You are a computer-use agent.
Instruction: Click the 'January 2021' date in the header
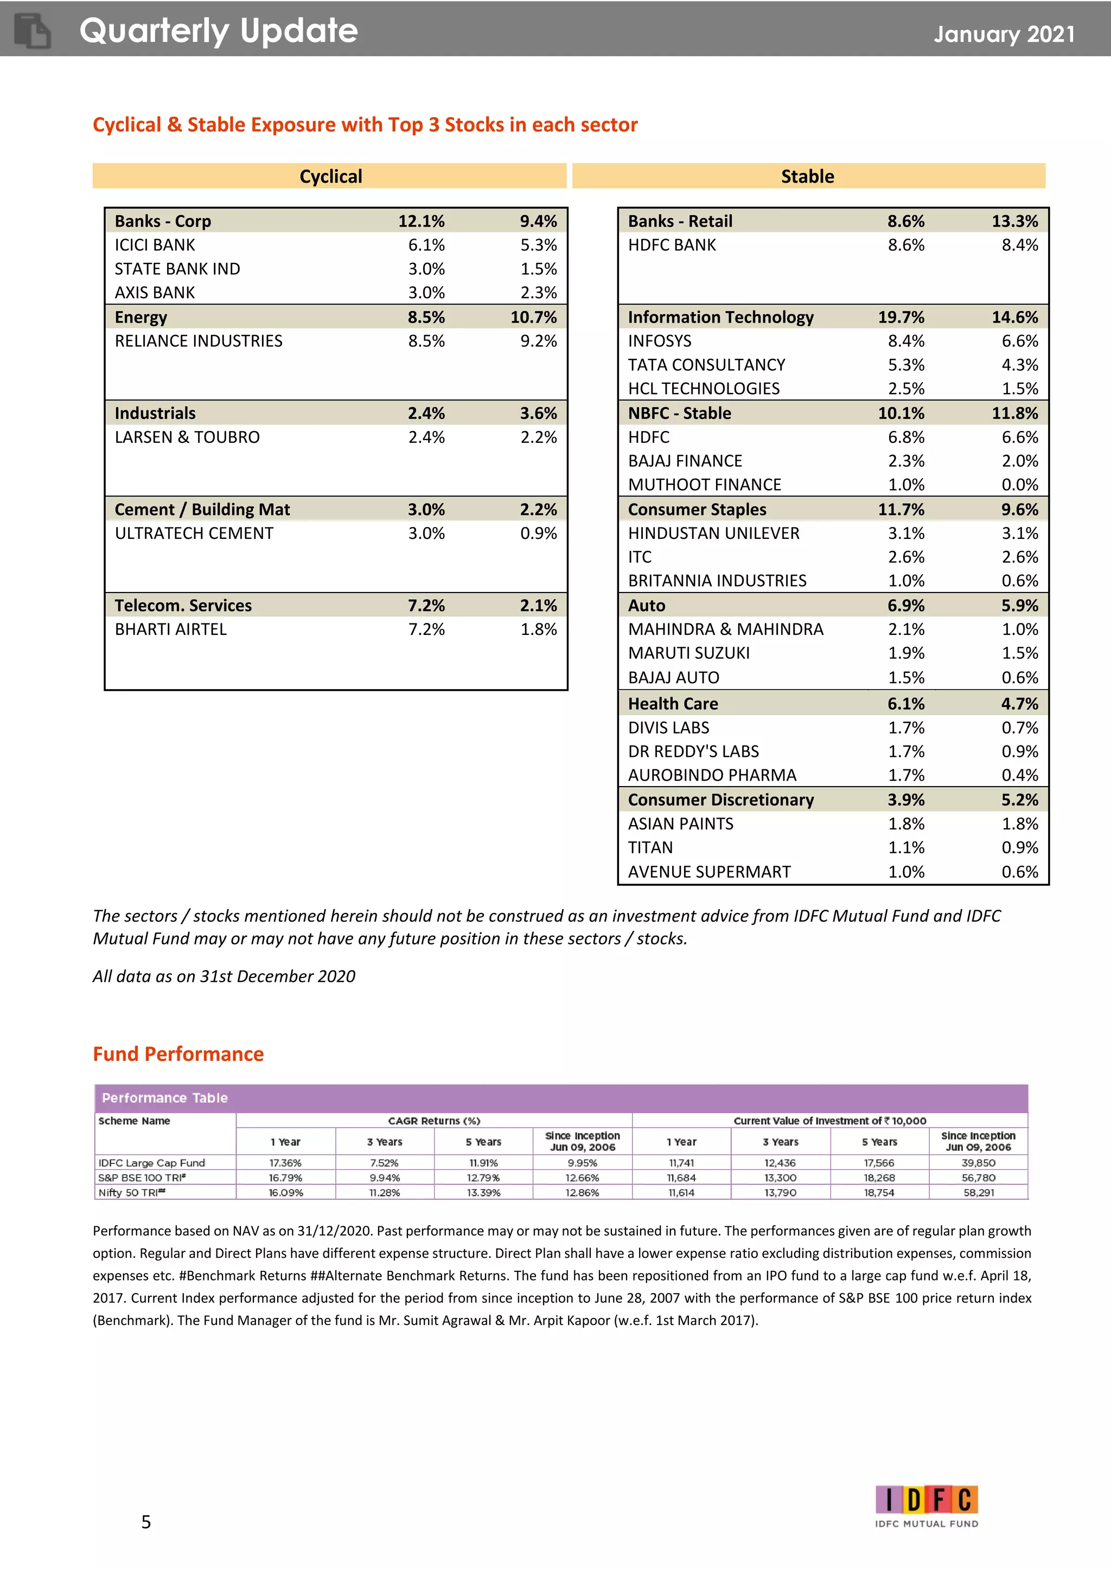[x=1004, y=34]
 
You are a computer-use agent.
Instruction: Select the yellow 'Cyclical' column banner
[x=330, y=176]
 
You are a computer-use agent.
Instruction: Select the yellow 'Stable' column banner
[x=807, y=176]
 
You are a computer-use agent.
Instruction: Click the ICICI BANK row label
[x=155, y=245]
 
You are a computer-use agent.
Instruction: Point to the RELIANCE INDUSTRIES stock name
[x=199, y=340]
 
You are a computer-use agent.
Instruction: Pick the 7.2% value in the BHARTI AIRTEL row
[x=426, y=629]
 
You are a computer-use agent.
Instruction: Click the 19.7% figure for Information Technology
[x=901, y=317]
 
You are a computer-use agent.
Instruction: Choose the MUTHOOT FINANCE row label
[x=704, y=485]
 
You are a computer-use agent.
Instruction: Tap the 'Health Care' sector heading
[x=673, y=704]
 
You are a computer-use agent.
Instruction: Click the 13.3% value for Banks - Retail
[x=1014, y=221]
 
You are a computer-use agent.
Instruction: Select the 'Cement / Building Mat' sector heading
[x=202, y=510]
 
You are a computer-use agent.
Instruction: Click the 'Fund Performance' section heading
[x=178, y=1054]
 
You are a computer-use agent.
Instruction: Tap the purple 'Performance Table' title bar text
[x=164, y=1097]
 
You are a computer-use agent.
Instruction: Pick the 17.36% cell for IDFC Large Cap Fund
[x=285, y=1162]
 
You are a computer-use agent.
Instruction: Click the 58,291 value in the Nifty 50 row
[x=978, y=1193]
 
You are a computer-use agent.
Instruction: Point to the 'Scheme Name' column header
[x=134, y=1121]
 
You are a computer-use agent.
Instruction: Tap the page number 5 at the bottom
[x=146, y=1521]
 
